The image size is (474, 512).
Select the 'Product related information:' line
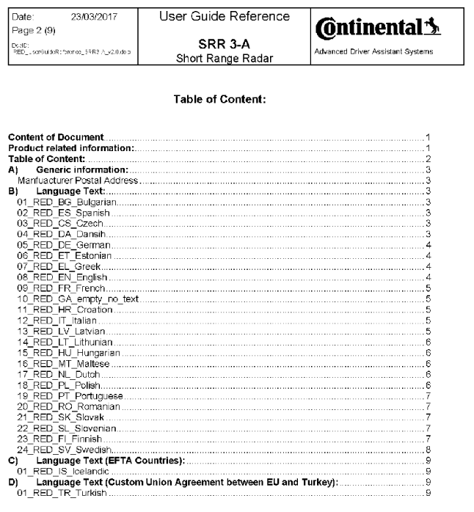56,147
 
